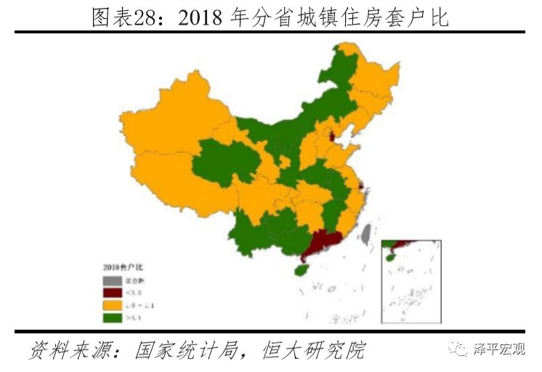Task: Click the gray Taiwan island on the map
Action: (x=367, y=232)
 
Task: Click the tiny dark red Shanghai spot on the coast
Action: (x=361, y=190)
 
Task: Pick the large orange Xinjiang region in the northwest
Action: (x=174, y=131)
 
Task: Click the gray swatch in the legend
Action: (x=112, y=280)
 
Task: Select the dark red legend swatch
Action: (x=112, y=293)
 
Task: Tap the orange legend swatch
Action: (x=112, y=305)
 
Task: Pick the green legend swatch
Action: (x=112, y=318)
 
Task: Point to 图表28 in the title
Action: (x=129, y=16)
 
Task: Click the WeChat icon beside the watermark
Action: (x=461, y=350)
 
